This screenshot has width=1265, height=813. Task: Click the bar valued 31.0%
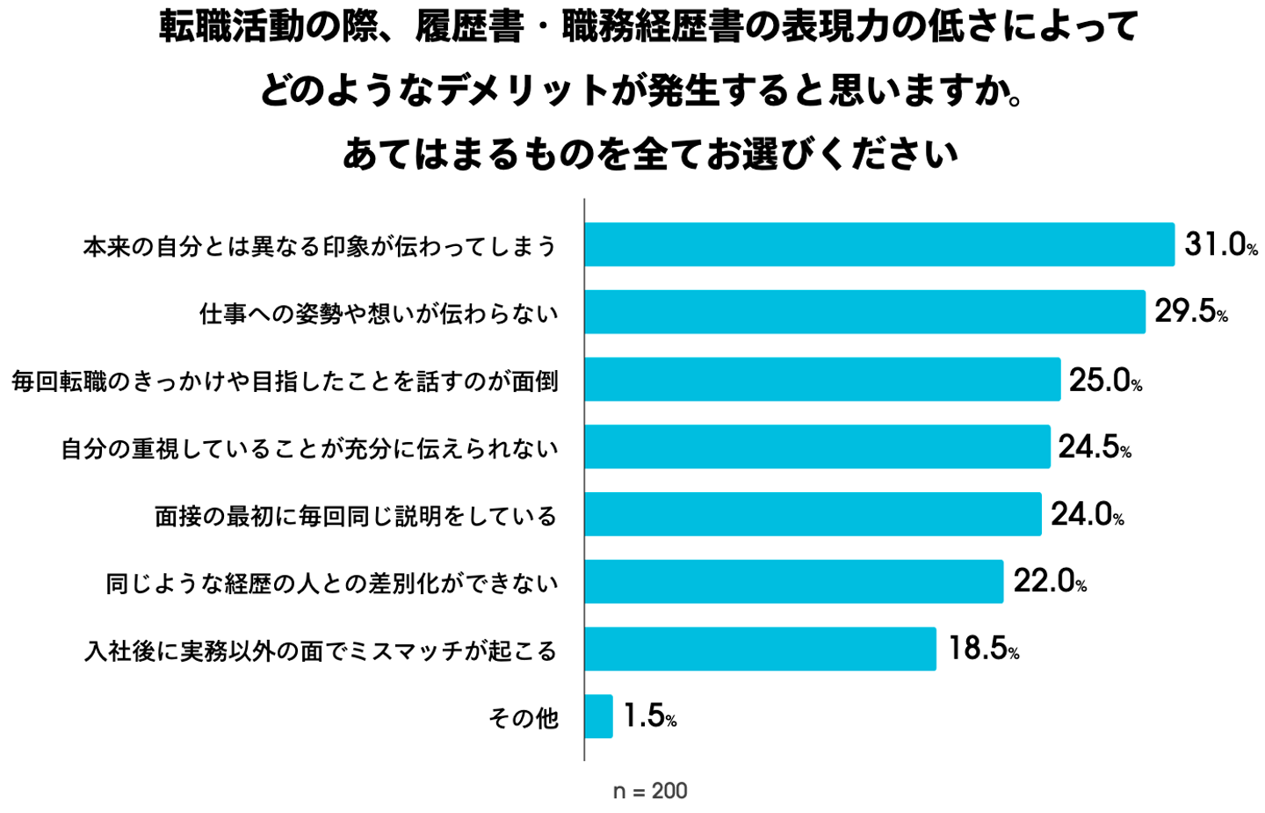(x=878, y=244)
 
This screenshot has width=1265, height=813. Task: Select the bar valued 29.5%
(x=864, y=312)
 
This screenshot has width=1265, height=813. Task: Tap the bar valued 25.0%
(x=822, y=380)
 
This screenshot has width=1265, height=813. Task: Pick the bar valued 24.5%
(x=817, y=446)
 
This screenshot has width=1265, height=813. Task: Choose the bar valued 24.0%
(x=813, y=514)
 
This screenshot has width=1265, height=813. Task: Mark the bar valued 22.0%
(x=793, y=582)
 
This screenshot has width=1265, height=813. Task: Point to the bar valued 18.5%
(x=760, y=649)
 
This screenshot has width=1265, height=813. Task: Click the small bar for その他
(x=598, y=716)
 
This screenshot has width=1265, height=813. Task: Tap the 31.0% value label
(x=1219, y=244)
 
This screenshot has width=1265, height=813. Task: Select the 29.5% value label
(x=1190, y=311)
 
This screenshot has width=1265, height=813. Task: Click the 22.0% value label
(x=1050, y=581)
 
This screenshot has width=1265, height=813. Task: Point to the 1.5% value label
(x=649, y=716)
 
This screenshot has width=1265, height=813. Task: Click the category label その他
(x=524, y=718)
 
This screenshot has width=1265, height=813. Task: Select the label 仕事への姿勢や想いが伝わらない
(x=379, y=313)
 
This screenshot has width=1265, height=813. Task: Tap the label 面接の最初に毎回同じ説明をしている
(x=356, y=516)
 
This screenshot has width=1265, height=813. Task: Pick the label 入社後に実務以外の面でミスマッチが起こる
(x=321, y=650)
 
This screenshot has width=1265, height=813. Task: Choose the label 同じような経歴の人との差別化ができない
(x=332, y=583)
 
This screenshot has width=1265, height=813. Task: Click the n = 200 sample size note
(x=650, y=791)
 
